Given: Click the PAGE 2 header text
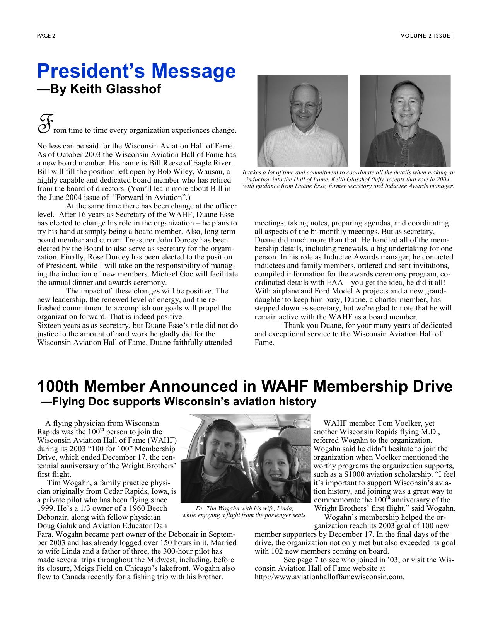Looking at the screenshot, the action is pyautogui.click(x=46, y=36).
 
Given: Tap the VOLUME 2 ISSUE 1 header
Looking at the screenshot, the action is pyautogui.click(x=427, y=36).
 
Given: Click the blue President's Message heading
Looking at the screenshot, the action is pyautogui.click(x=136, y=71).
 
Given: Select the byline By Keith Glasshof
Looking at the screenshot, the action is pyautogui.click(x=99, y=89).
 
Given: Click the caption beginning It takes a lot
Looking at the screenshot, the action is pyautogui.click(x=348, y=179).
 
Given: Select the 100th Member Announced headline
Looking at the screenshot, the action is pyautogui.click(x=244, y=386).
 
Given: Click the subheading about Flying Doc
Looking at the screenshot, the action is pyautogui.click(x=179, y=402).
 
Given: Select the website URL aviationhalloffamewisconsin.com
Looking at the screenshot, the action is pyautogui.click(x=329, y=577).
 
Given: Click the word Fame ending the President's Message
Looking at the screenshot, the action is pyautogui.click(x=264, y=342).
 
